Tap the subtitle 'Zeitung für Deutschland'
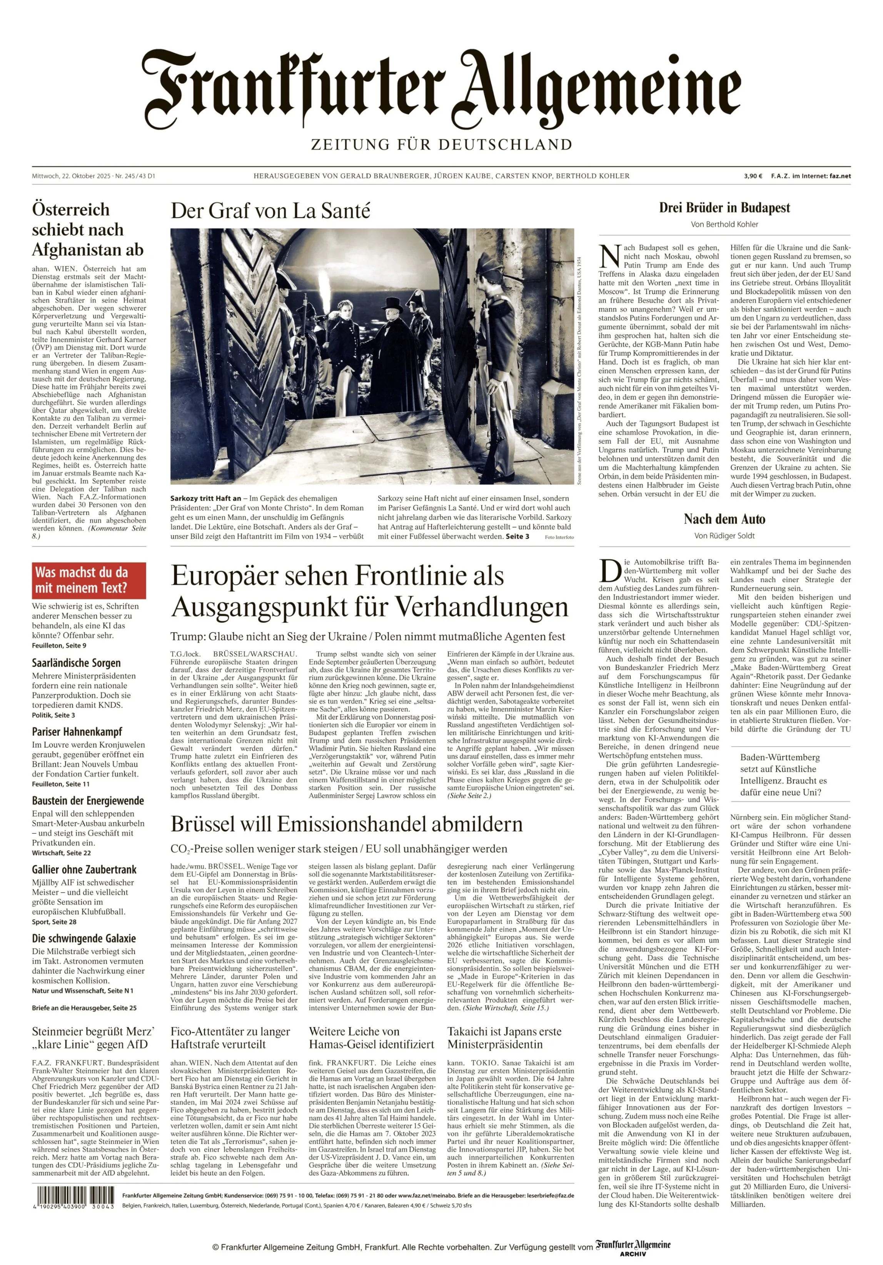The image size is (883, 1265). (441, 145)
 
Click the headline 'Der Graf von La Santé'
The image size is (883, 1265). (270, 210)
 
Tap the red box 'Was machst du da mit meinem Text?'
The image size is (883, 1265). (89, 580)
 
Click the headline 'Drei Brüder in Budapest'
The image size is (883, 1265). (724, 208)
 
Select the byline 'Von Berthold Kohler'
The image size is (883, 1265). (724, 224)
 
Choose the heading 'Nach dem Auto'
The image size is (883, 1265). (724, 519)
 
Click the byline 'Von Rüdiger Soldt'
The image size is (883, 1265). (724, 536)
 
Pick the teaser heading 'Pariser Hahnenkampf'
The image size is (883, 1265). (77, 732)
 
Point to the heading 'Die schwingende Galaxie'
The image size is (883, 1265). (84, 938)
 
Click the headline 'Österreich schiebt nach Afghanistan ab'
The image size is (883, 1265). (88, 230)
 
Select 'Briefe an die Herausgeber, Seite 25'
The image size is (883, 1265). (84, 1008)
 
